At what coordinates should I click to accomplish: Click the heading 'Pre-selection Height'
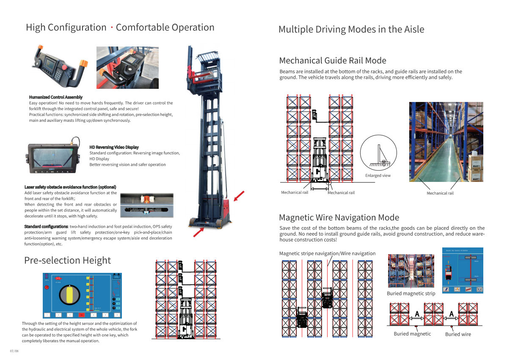(x=67, y=261)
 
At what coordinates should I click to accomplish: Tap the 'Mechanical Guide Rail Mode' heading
(x=332, y=60)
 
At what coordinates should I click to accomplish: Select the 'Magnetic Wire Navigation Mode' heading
(x=339, y=217)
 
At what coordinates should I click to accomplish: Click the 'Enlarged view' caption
(x=377, y=176)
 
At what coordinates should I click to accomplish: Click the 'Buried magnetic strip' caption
(x=411, y=294)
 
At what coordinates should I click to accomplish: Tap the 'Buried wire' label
(x=458, y=334)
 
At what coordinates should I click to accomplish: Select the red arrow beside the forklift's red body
(x=239, y=197)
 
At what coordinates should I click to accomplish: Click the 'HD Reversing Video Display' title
(x=114, y=147)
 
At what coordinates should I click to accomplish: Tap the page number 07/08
(x=14, y=351)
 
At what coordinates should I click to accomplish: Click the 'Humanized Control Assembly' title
(x=55, y=97)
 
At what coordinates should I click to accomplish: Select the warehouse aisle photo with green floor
(x=446, y=142)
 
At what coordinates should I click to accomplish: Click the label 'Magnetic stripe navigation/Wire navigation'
(x=327, y=253)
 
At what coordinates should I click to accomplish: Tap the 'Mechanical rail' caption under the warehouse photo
(x=440, y=193)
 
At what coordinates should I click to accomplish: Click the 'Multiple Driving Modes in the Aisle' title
(x=351, y=30)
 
